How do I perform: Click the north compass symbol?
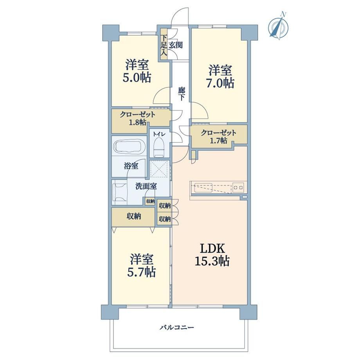(x=279, y=27)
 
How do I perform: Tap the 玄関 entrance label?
(x=176, y=45)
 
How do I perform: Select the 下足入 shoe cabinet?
(x=164, y=44)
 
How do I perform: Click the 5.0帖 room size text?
(x=137, y=77)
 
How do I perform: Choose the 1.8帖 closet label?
(x=137, y=122)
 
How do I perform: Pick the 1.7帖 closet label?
(x=218, y=140)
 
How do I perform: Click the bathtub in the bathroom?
(x=129, y=146)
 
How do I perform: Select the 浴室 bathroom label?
(x=131, y=166)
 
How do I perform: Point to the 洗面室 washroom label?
(x=146, y=186)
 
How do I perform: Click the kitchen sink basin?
(x=203, y=188)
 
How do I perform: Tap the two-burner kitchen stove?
(x=238, y=187)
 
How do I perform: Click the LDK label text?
(x=212, y=248)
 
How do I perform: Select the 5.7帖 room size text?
(x=141, y=272)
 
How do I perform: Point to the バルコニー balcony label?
(x=177, y=327)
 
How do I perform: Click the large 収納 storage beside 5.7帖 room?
(x=133, y=217)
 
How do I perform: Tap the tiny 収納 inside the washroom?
(x=150, y=201)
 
